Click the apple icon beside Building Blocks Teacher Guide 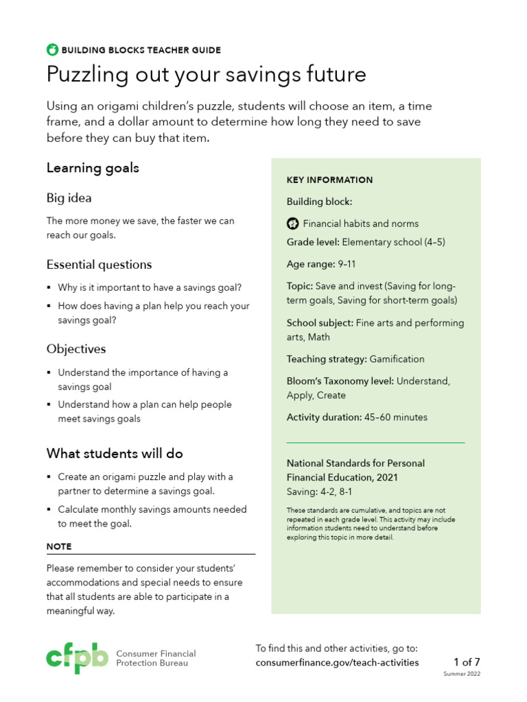(52, 49)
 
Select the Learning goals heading (93, 168)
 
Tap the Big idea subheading (69, 198)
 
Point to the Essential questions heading (99, 265)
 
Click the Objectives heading (76, 349)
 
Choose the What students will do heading (115, 453)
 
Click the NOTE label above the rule (59, 546)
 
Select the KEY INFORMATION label (329, 180)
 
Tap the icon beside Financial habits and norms (292, 223)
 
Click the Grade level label (313, 242)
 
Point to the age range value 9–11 (347, 264)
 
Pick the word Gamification (397, 359)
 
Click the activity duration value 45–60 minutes (396, 417)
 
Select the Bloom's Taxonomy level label (340, 380)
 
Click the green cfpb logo (77, 657)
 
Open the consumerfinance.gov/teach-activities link (336, 663)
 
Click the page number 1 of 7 (467, 662)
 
